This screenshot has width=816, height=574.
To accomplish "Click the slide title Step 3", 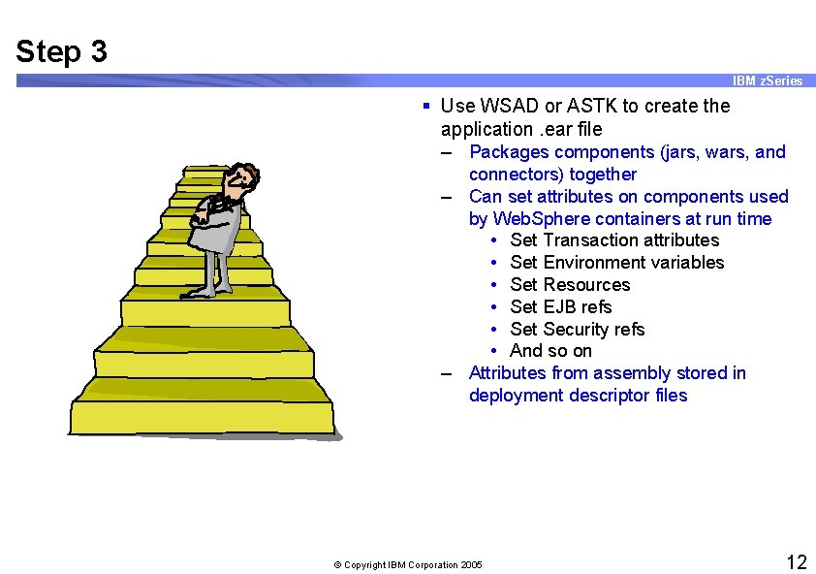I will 61,50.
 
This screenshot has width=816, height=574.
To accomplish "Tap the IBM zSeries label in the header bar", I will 767,80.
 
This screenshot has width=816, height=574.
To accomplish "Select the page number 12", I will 796,562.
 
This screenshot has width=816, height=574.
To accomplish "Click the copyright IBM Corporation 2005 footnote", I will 407,564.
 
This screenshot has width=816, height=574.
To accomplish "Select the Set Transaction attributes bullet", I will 614,239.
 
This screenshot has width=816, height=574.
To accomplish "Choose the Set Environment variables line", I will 616,262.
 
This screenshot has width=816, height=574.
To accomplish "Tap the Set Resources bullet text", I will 570,284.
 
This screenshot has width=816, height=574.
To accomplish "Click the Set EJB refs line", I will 560,306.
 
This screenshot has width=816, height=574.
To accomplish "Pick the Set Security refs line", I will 577,329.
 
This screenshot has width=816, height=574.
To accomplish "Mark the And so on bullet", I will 550,351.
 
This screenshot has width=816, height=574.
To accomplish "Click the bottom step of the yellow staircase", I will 203,418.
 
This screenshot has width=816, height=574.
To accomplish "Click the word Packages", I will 508,151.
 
